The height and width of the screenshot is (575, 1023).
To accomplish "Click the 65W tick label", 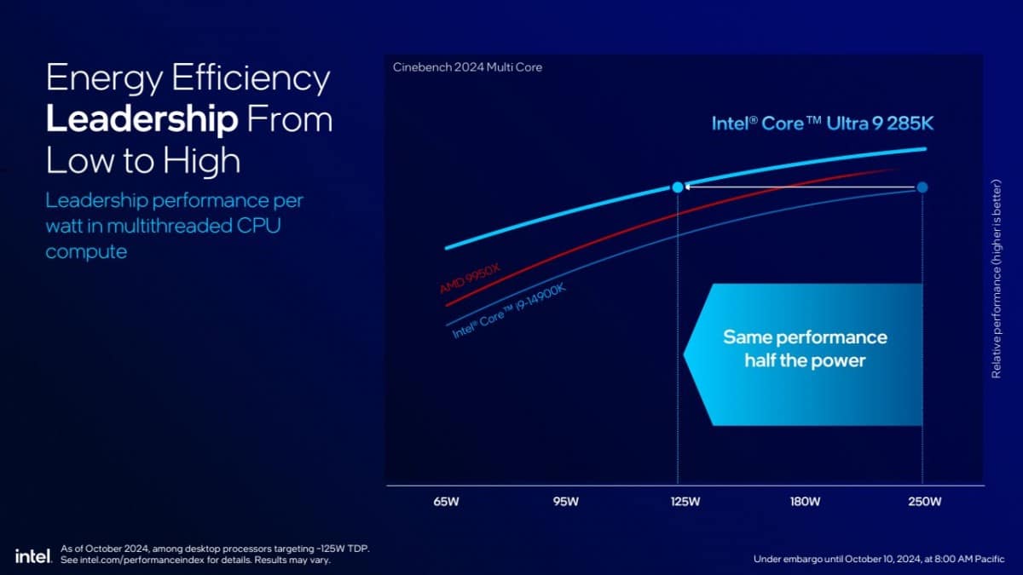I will point(446,502).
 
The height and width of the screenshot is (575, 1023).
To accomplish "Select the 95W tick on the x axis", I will point(565,502).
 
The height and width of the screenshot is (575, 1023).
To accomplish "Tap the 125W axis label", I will point(685,502).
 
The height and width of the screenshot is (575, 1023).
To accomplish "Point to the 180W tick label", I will point(805,502).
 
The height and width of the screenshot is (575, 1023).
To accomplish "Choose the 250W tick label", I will point(924,502).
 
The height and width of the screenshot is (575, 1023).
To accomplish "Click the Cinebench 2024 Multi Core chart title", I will point(467,67).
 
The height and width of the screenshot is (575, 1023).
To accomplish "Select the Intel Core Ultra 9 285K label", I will point(823,124).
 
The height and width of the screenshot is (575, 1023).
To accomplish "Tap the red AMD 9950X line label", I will point(470,279).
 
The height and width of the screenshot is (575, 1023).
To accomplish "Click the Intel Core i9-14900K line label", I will point(509,312).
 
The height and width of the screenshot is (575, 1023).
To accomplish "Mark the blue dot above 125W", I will point(678,187).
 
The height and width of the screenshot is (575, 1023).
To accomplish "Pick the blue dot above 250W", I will point(922,187).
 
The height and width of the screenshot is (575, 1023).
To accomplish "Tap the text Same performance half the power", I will point(805,348).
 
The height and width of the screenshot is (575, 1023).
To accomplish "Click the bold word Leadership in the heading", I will point(142,119).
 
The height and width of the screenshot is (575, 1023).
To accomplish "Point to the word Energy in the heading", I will point(101,79).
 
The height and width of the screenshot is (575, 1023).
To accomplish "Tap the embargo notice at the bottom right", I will point(879,559).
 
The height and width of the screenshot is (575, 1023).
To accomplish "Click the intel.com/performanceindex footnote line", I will point(195,561).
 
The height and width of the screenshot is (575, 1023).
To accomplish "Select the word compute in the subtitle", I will point(86,252).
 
